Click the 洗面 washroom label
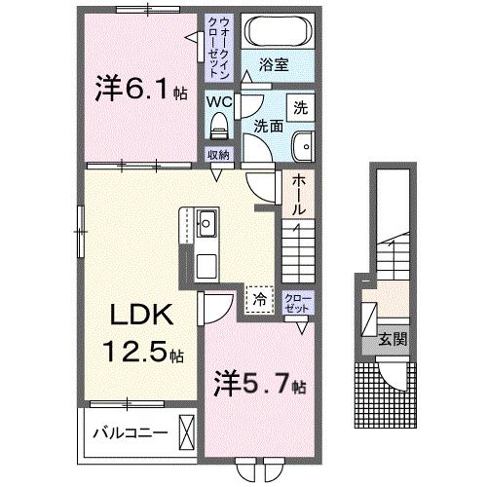click(x=268, y=126)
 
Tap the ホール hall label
click(x=298, y=194)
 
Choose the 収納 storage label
click(x=218, y=155)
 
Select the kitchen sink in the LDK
click(x=206, y=227)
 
